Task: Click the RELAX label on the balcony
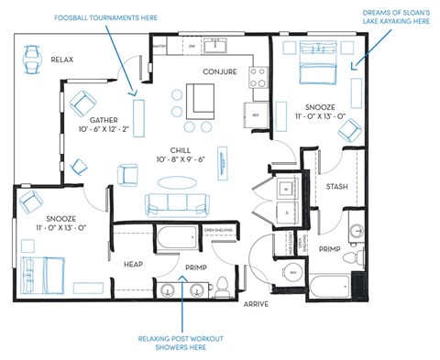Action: point(62,60)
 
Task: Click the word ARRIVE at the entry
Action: point(256,303)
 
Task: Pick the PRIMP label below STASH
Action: point(330,247)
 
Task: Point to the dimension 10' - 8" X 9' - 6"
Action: point(179,159)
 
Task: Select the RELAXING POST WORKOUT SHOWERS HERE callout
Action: point(181,344)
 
